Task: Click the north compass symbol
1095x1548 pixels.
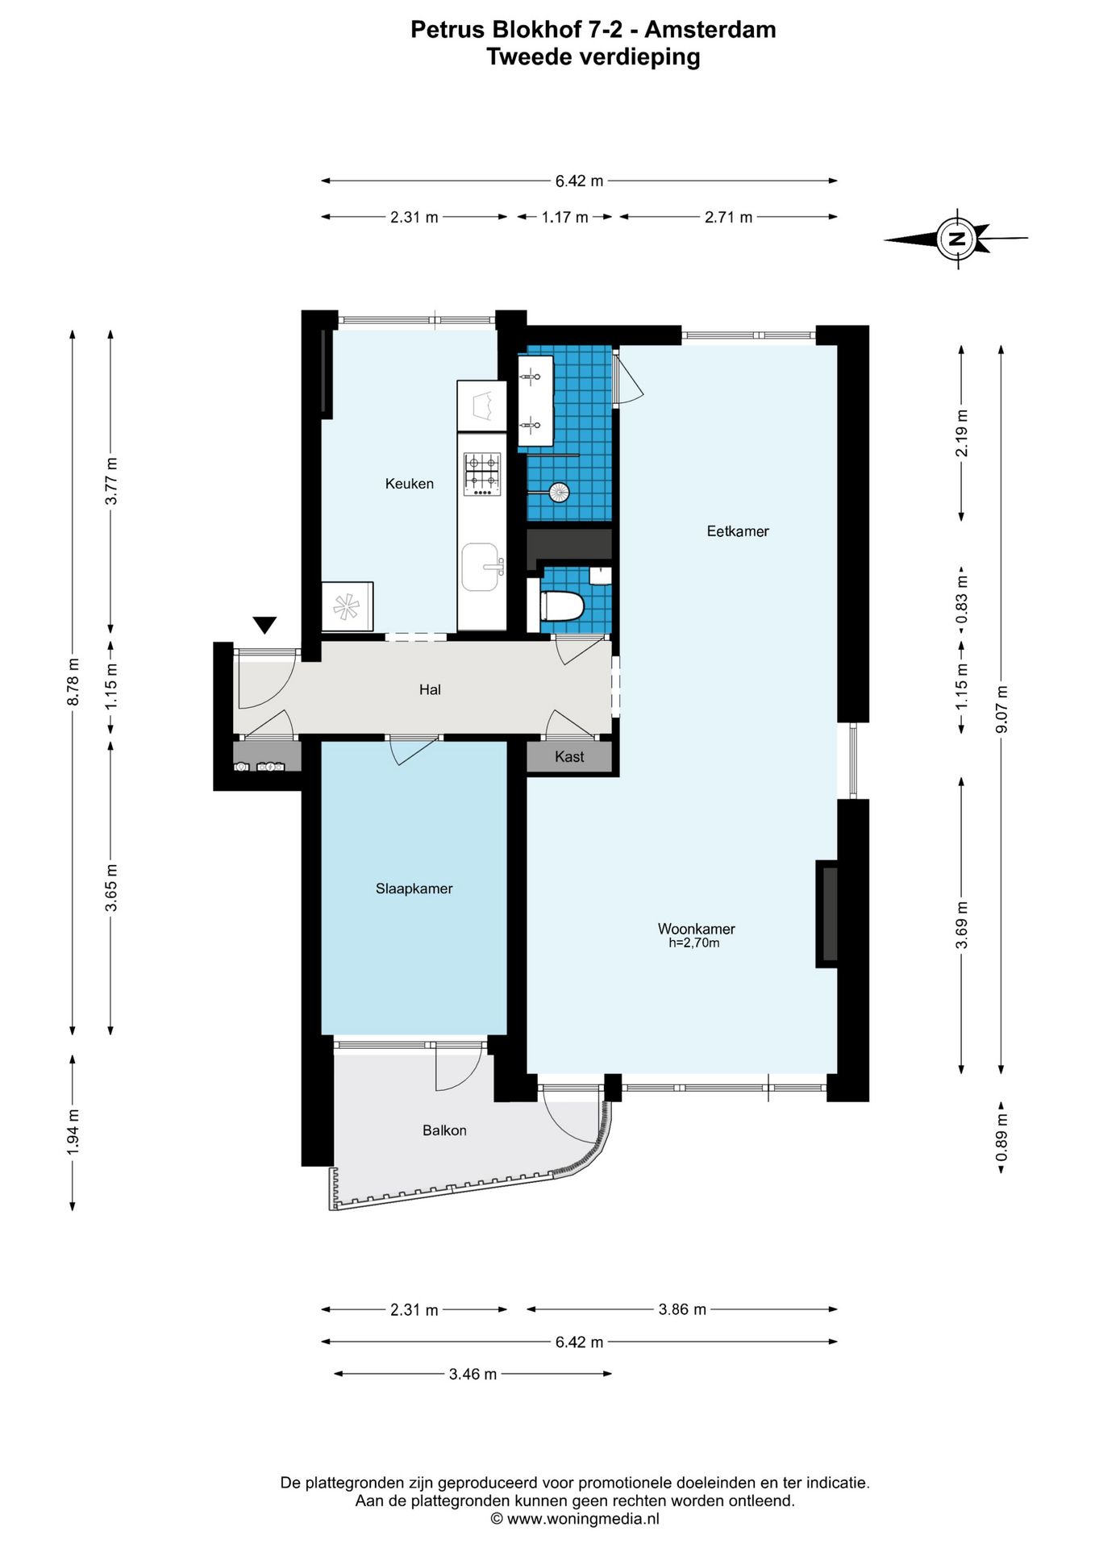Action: click(957, 239)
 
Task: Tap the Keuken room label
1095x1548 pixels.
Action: click(410, 484)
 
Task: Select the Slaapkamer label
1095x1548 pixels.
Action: click(414, 888)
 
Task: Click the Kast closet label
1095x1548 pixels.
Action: click(569, 756)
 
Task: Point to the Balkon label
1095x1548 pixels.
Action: click(444, 1130)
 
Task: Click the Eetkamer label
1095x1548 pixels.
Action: click(738, 531)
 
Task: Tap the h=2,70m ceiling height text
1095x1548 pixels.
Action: click(694, 943)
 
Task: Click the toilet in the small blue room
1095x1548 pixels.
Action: click(561, 606)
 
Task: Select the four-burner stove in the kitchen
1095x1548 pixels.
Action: click(482, 473)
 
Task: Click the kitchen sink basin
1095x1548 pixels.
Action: click(481, 567)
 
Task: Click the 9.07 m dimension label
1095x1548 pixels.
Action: click(1002, 709)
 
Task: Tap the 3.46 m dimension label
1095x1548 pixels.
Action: click(473, 1374)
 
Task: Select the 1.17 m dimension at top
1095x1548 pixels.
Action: click(564, 217)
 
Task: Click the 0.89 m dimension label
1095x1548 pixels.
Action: click(1002, 1138)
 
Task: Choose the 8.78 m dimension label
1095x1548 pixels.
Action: click(73, 682)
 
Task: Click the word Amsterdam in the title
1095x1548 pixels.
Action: click(710, 30)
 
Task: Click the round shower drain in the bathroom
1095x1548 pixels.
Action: click(559, 491)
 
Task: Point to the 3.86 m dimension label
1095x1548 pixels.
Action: click(682, 1309)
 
